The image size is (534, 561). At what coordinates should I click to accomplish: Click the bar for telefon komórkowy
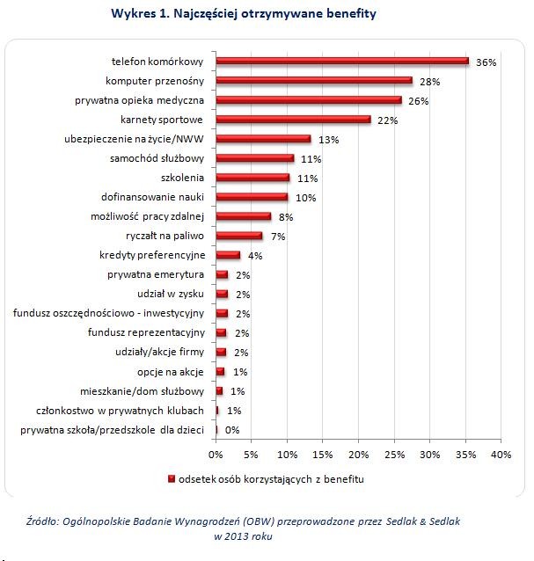343,62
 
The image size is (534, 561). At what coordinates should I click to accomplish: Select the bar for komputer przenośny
314,81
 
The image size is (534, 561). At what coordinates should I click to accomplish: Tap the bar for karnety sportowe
293,120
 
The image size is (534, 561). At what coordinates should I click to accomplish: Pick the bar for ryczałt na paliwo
239,236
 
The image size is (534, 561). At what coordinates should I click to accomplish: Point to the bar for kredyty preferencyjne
228,255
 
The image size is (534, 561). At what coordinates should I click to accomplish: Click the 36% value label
486,62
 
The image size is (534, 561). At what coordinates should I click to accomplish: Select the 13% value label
327,139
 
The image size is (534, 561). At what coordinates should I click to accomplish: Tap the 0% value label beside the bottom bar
232,430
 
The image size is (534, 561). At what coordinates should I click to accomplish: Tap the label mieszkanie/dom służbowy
150,390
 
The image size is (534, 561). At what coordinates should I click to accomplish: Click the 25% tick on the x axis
394,455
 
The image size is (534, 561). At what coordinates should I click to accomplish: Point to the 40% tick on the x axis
501,455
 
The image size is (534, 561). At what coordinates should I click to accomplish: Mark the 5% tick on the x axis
251,455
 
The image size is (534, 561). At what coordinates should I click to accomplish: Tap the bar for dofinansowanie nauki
252,197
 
